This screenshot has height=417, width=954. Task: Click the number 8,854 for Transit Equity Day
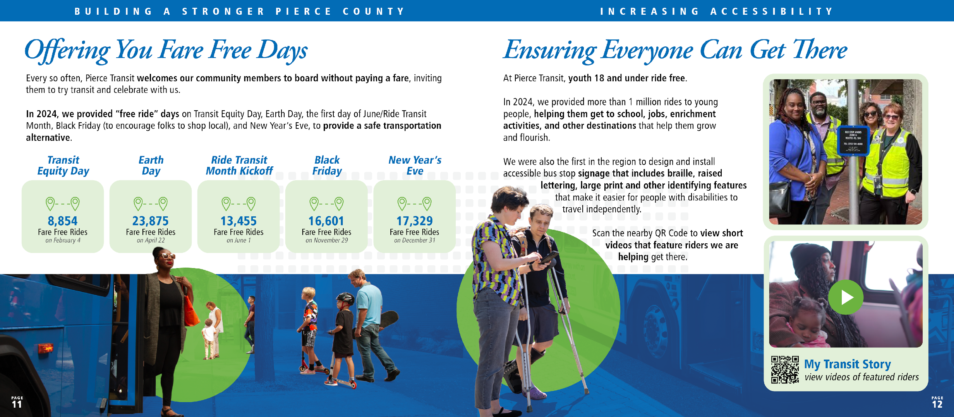click(x=62, y=221)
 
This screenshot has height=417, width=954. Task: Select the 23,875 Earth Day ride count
click(x=150, y=221)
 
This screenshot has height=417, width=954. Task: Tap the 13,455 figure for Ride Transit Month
click(x=238, y=221)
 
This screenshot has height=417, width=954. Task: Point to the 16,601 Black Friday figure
click(x=326, y=221)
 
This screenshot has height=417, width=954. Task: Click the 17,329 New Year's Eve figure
click(x=414, y=221)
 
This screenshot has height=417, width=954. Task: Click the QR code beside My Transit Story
click(x=784, y=369)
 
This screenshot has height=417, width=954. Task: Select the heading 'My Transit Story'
click(x=847, y=364)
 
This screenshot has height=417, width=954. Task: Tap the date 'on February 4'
click(x=63, y=240)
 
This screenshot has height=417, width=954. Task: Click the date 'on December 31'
click(x=414, y=240)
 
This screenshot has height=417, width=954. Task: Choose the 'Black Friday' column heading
click(x=327, y=166)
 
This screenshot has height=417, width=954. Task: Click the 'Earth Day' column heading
click(x=151, y=166)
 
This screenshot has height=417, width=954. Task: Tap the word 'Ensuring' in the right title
click(x=550, y=51)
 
